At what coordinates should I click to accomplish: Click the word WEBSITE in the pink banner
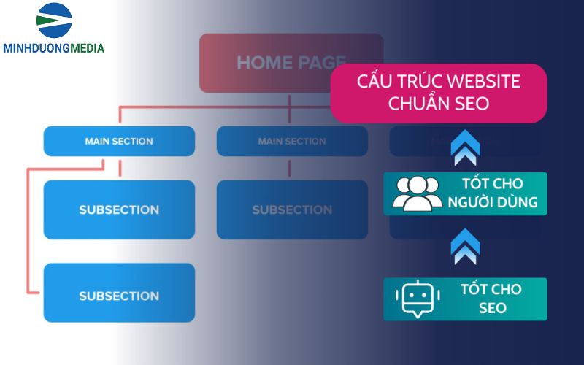pyautogui.click(x=480, y=81)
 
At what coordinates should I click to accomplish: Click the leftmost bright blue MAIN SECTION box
pyautogui.click(x=119, y=141)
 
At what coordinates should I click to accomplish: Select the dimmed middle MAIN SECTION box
pyautogui.click(x=292, y=141)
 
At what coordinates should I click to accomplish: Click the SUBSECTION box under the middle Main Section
pyautogui.click(x=292, y=210)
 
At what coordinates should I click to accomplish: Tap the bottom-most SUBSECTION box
pyautogui.click(x=119, y=296)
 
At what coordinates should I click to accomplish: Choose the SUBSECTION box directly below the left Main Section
pyautogui.click(x=119, y=210)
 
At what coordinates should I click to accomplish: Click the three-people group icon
pyautogui.click(x=417, y=193)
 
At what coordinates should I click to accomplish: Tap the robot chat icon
pyautogui.click(x=419, y=299)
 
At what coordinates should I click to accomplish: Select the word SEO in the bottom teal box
pyautogui.click(x=492, y=308)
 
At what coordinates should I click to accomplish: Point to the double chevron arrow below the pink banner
pyautogui.click(x=465, y=147)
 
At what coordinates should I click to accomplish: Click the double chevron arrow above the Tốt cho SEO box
pyautogui.click(x=465, y=246)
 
